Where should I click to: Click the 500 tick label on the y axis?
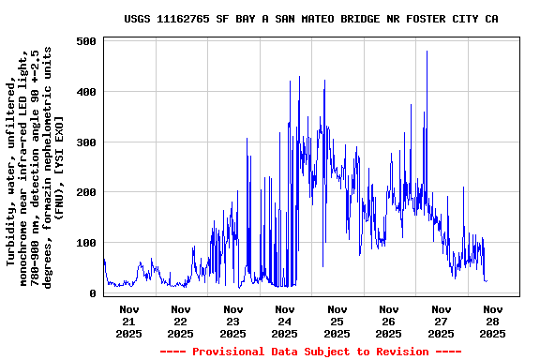click(x=87, y=42)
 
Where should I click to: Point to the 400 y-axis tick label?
click(x=87, y=92)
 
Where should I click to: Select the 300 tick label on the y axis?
click(x=87, y=142)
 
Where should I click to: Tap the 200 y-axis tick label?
click(x=87, y=192)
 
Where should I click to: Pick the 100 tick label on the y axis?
click(x=87, y=243)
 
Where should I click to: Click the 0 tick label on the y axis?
click(x=94, y=293)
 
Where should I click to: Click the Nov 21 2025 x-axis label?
click(x=129, y=321)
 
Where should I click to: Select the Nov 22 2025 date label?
click(x=181, y=321)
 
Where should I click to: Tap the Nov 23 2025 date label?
click(x=233, y=321)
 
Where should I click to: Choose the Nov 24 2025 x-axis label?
click(x=285, y=321)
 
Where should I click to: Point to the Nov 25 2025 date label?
click(x=337, y=321)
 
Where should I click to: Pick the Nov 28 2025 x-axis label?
click(x=492, y=321)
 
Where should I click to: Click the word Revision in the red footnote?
click(x=407, y=352)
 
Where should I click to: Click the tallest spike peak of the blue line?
click(x=427, y=52)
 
